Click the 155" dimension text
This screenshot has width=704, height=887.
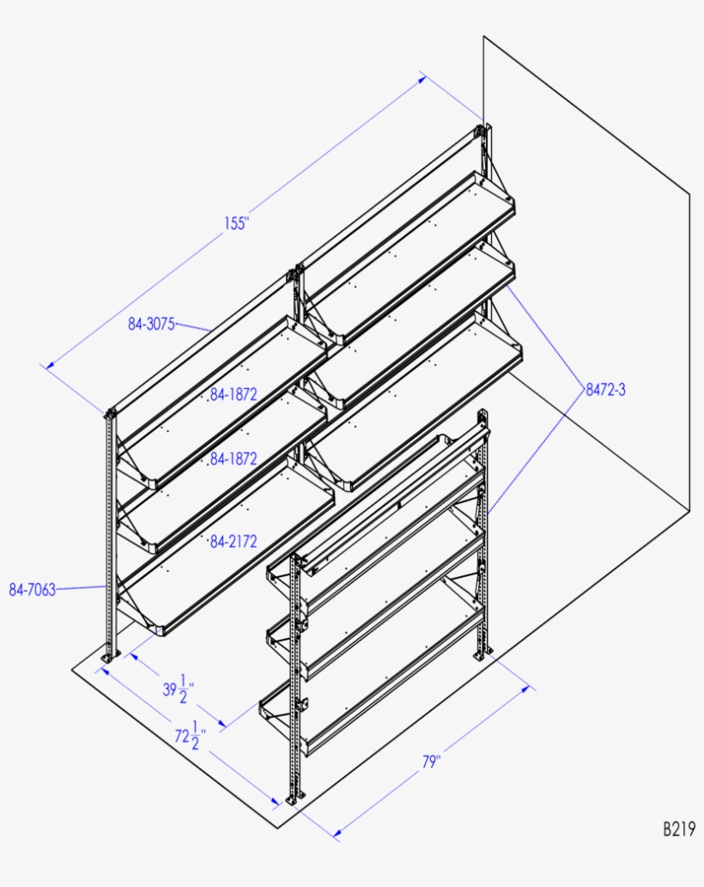[x=236, y=223]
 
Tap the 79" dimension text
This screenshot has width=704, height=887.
[x=431, y=762]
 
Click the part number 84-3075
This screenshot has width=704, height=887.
[x=151, y=324]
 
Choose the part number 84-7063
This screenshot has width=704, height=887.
[x=32, y=590]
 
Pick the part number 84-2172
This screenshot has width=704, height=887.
[x=234, y=542]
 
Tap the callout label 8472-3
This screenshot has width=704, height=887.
[x=605, y=389]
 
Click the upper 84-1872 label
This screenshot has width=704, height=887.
[x=234, y=395]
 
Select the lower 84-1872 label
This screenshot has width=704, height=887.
[x=234, y=459]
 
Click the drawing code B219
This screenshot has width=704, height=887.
[x=677, y=829]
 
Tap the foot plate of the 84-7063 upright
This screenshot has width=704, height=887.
[x=109, y=657]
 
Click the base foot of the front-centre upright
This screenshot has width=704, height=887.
[x=294, y=799]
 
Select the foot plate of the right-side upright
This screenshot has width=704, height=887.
[x=482, y=657]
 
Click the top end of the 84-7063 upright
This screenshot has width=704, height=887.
[x=110, y=414]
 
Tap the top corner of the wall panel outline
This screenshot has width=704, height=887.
[x=483, y=36]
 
